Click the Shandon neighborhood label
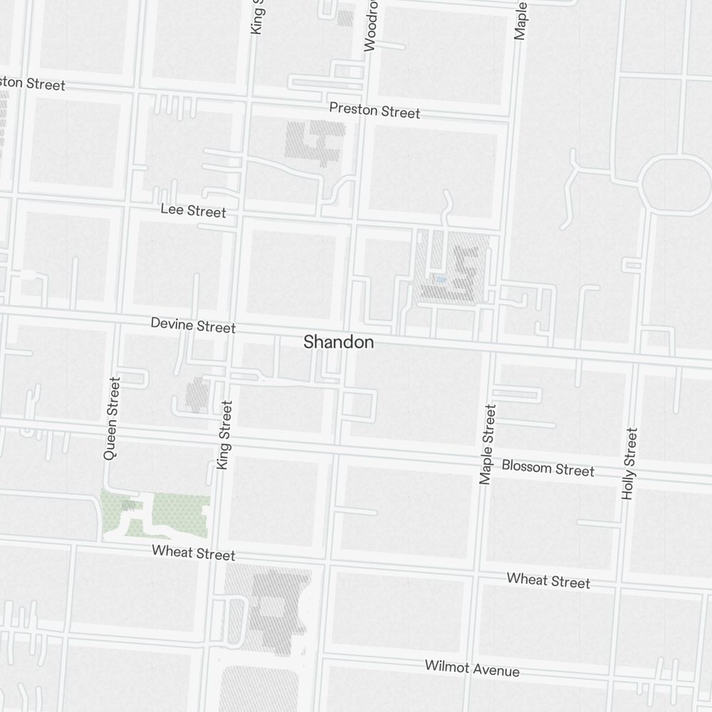338,342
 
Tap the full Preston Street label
375,111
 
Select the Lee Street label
193,211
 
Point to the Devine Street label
193,326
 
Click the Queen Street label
112,418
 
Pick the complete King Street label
224,435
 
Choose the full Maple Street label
488,444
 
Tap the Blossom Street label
548,468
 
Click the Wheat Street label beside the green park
193,553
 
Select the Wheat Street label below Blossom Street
548,580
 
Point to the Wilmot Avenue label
472,669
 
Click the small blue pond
441,279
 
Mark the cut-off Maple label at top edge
520,20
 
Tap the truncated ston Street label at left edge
32,83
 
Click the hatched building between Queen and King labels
197,394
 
